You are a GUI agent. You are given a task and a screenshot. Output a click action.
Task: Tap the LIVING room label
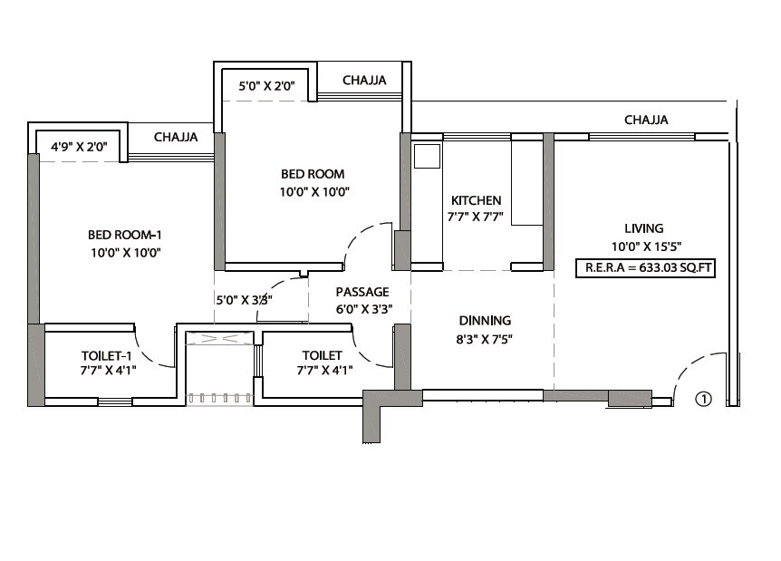(x=643, y=228)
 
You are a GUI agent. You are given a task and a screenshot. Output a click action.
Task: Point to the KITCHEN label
(x=476, y=200)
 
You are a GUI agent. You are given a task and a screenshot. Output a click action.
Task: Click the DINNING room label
(x=485, y=320)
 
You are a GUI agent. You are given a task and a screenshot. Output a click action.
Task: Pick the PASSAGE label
(x=362, y=292)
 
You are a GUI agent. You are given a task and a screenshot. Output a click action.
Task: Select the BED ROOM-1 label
(x=124, y=235)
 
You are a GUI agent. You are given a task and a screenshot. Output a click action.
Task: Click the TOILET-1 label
(x=108, y=354)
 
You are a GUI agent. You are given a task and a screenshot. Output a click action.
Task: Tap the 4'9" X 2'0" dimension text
(x=79, y=144)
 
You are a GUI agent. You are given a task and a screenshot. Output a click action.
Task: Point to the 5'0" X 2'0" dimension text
(x=265, y=87)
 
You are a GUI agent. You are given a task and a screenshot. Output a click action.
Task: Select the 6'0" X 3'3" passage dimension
(x=362, y=308)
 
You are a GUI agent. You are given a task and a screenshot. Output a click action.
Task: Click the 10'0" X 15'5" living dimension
(x=644, y=246)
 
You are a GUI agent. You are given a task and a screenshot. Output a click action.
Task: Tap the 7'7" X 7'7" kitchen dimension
(x=476, y=218)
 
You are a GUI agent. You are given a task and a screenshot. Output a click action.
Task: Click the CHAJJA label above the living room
(x=646, y=120)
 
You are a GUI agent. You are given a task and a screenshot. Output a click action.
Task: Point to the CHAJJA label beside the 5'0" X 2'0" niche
(x=364, y=81)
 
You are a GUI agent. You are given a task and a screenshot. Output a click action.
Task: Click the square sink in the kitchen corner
(x=426, y=155)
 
